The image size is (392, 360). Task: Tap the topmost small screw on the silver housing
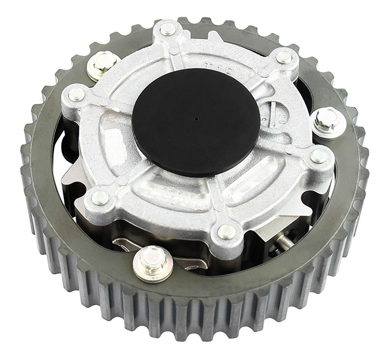(x=168, y=29)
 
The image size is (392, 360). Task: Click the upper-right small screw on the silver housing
(x=284, y=57)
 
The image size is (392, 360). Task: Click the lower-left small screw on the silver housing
(x=100, y=197)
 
